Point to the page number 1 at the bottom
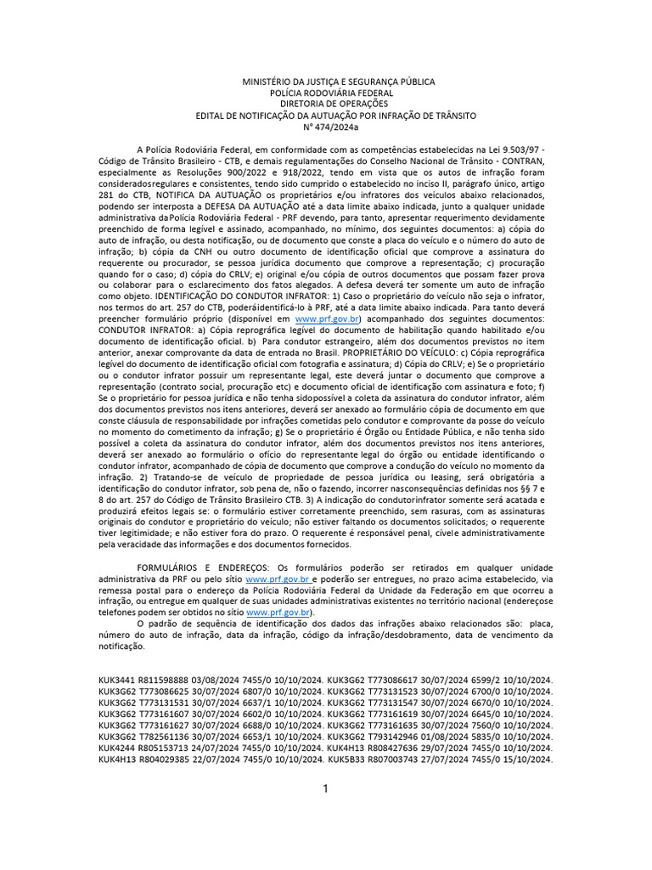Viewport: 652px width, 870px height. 325,789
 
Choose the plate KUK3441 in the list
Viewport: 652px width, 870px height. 115,681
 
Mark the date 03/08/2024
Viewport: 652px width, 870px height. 219,681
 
